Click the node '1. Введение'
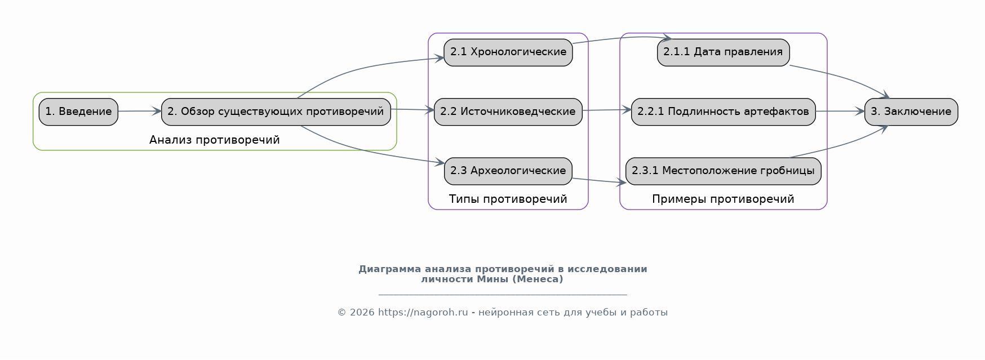(x=78, y=112)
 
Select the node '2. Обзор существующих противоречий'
(x=276, y=112)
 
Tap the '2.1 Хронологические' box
(x=508, y=52)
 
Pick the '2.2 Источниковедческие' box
(x=508, y=112)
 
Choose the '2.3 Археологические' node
(x=508, y=171)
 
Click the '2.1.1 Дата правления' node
(x=723, y=52)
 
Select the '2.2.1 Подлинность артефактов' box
(x=723, y=112)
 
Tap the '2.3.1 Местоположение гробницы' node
(x=723, y=171)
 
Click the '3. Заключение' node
(x=911, y=112)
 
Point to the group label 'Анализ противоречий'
(x=215, y=140)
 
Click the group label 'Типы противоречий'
(x=508, y=199)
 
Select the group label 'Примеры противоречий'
(x=723, y=199)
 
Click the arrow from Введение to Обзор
(x=140, y=112)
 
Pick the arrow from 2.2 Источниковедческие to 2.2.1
(x=607, y=110)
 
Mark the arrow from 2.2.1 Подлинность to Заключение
(x=840, y=112)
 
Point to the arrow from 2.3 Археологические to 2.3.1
(x=599, y=181)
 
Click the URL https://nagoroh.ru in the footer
(x=423, y=313)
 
